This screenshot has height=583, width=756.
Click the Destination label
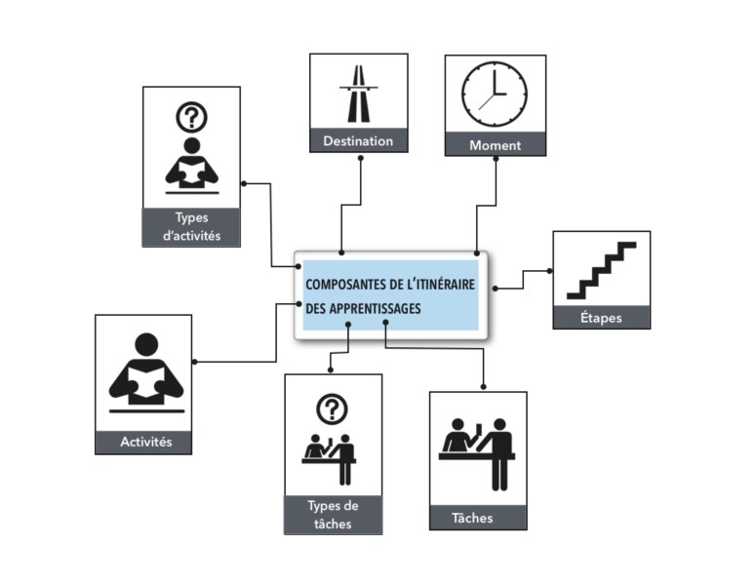358,140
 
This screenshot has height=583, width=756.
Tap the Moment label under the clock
495,145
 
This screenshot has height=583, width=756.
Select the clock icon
495,95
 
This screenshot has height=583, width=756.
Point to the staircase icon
601,270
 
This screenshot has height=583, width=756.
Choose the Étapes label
601,318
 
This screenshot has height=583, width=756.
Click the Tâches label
477,518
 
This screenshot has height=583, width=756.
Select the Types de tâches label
333,515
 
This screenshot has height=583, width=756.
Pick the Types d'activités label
191,227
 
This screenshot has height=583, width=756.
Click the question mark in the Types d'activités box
191,117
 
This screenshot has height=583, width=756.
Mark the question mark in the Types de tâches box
333,408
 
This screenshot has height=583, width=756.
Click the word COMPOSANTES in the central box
347,285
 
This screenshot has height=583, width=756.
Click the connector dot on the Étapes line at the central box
495,288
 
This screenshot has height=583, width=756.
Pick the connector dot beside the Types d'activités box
243,182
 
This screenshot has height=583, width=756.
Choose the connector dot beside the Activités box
195,362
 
